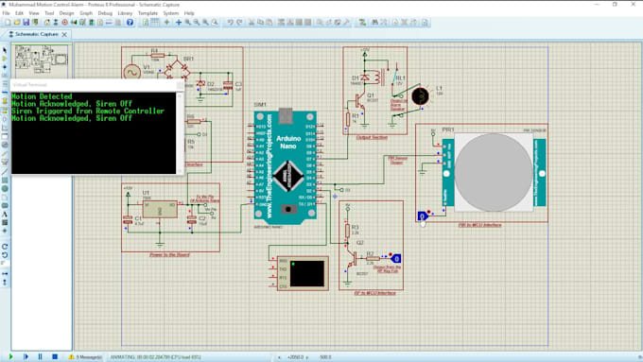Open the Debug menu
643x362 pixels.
click(x=104, y=13)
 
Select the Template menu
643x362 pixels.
click(x=148, y=13)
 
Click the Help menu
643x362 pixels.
click(x=189, y=13)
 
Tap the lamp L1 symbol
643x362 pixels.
click(x=424, y=94)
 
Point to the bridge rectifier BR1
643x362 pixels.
click(x=175, y=71)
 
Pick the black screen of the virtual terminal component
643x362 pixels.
click(x=309, y=272)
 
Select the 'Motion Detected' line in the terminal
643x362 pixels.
click(x=43, y=96)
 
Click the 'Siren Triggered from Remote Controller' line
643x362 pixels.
click(x=88, y=112)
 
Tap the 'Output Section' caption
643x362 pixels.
click(x=372, y=137)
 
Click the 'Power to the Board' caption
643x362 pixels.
click(x=170, y=254)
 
